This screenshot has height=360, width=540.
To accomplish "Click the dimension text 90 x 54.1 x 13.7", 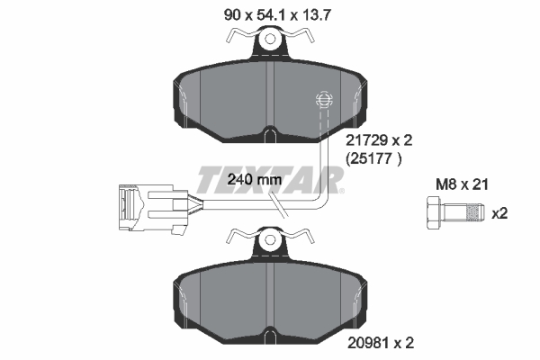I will [x=270, y=12].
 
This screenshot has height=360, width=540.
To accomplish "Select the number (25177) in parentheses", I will [x=373, y=159].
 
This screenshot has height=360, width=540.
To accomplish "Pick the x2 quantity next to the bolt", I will [x=499, y=213].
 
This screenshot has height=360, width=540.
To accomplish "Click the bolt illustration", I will [x=449, y=214].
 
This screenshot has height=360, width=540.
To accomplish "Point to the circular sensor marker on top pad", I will [x=321, y=100].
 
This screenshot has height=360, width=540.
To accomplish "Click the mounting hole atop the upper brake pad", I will [x=268, y=41].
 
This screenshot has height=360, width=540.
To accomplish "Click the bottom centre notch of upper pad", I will [x=268, y=138].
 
